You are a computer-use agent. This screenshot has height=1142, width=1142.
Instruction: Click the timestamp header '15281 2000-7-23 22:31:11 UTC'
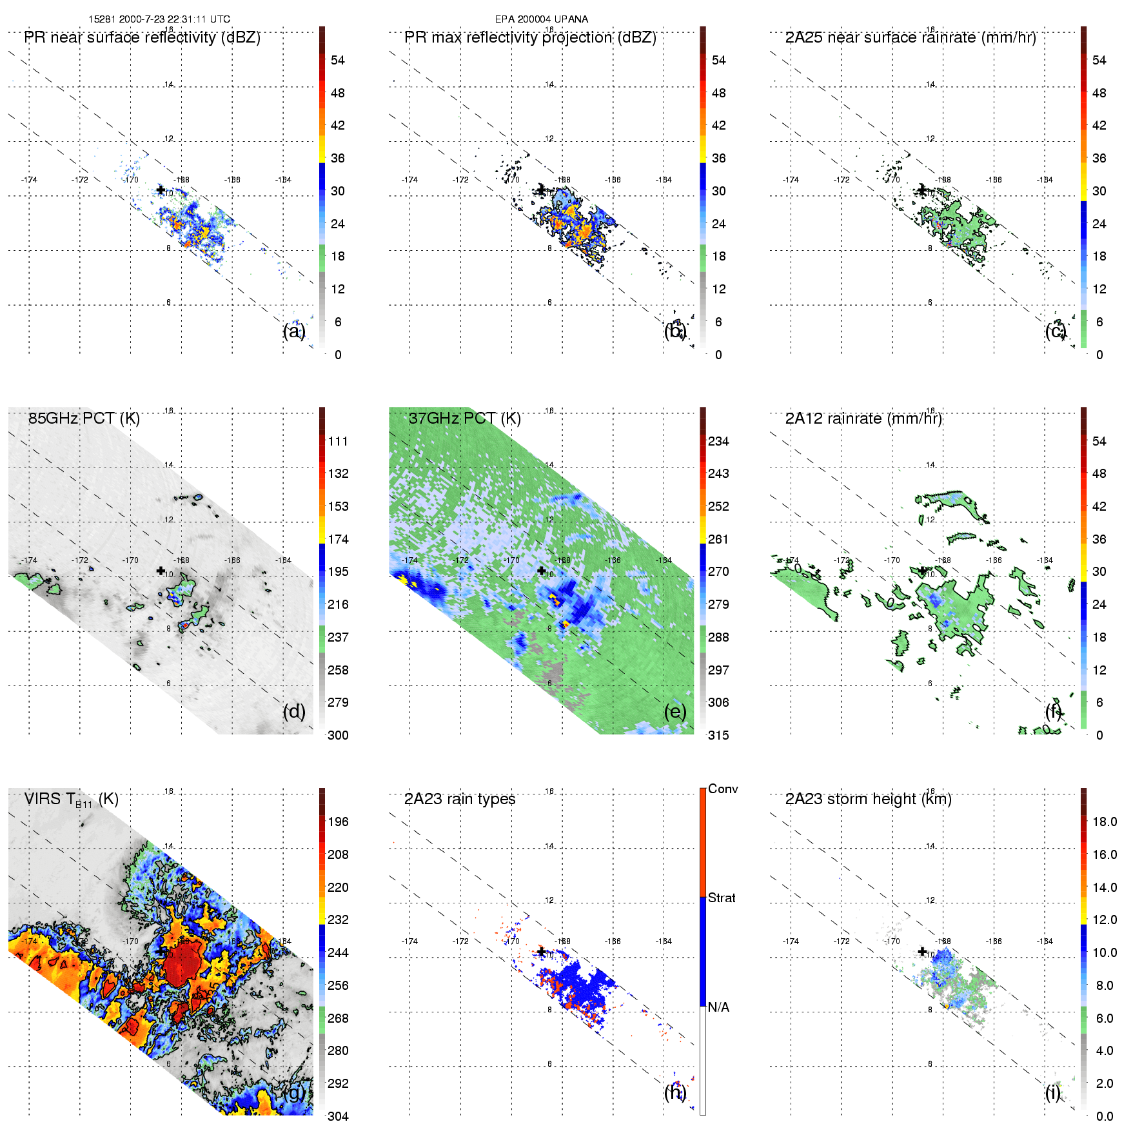[x=159, y=19]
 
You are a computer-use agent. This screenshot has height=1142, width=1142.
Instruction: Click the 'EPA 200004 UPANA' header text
[x=541, y=19]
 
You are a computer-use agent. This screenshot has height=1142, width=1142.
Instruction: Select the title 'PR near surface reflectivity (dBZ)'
[x=142, y=37]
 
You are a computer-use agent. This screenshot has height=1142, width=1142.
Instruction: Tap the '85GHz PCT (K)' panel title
[x=84, y=418]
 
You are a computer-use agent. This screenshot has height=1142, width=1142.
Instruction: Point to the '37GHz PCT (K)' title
[x=464, y=418]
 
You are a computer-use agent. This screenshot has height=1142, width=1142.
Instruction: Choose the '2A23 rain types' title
[x=460, y=799]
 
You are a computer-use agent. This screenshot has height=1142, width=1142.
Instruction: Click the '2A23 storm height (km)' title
[x=868, y=799]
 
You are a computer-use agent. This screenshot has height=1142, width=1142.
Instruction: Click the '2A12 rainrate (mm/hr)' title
[x=863, y=418]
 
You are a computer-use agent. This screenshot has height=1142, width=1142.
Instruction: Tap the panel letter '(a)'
[x=293, y=331]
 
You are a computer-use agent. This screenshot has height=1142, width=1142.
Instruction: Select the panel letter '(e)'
[x=674, y=711]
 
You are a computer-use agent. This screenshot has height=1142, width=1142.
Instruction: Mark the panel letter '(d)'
[x=293, y=711]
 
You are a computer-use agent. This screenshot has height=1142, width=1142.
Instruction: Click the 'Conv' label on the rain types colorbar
[x=723, y=789]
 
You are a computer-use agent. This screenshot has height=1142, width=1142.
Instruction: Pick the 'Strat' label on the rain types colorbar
[x=722, y=898]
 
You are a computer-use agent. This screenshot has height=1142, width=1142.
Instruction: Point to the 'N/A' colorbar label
[x=718, y=1007]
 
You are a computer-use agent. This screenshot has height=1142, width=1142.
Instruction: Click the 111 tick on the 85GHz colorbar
[x=338, y=442]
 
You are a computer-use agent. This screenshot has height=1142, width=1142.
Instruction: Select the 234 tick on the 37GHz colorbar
[x=718, y=442]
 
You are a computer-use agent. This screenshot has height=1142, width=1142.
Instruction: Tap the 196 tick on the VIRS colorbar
[x=338, y=822]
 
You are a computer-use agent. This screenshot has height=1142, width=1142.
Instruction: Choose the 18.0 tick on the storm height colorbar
[x=1105, y=822]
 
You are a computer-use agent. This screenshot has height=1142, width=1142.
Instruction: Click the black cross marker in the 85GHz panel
[x=161, y=571]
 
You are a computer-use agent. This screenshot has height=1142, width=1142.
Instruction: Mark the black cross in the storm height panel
[x=922, y=951]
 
